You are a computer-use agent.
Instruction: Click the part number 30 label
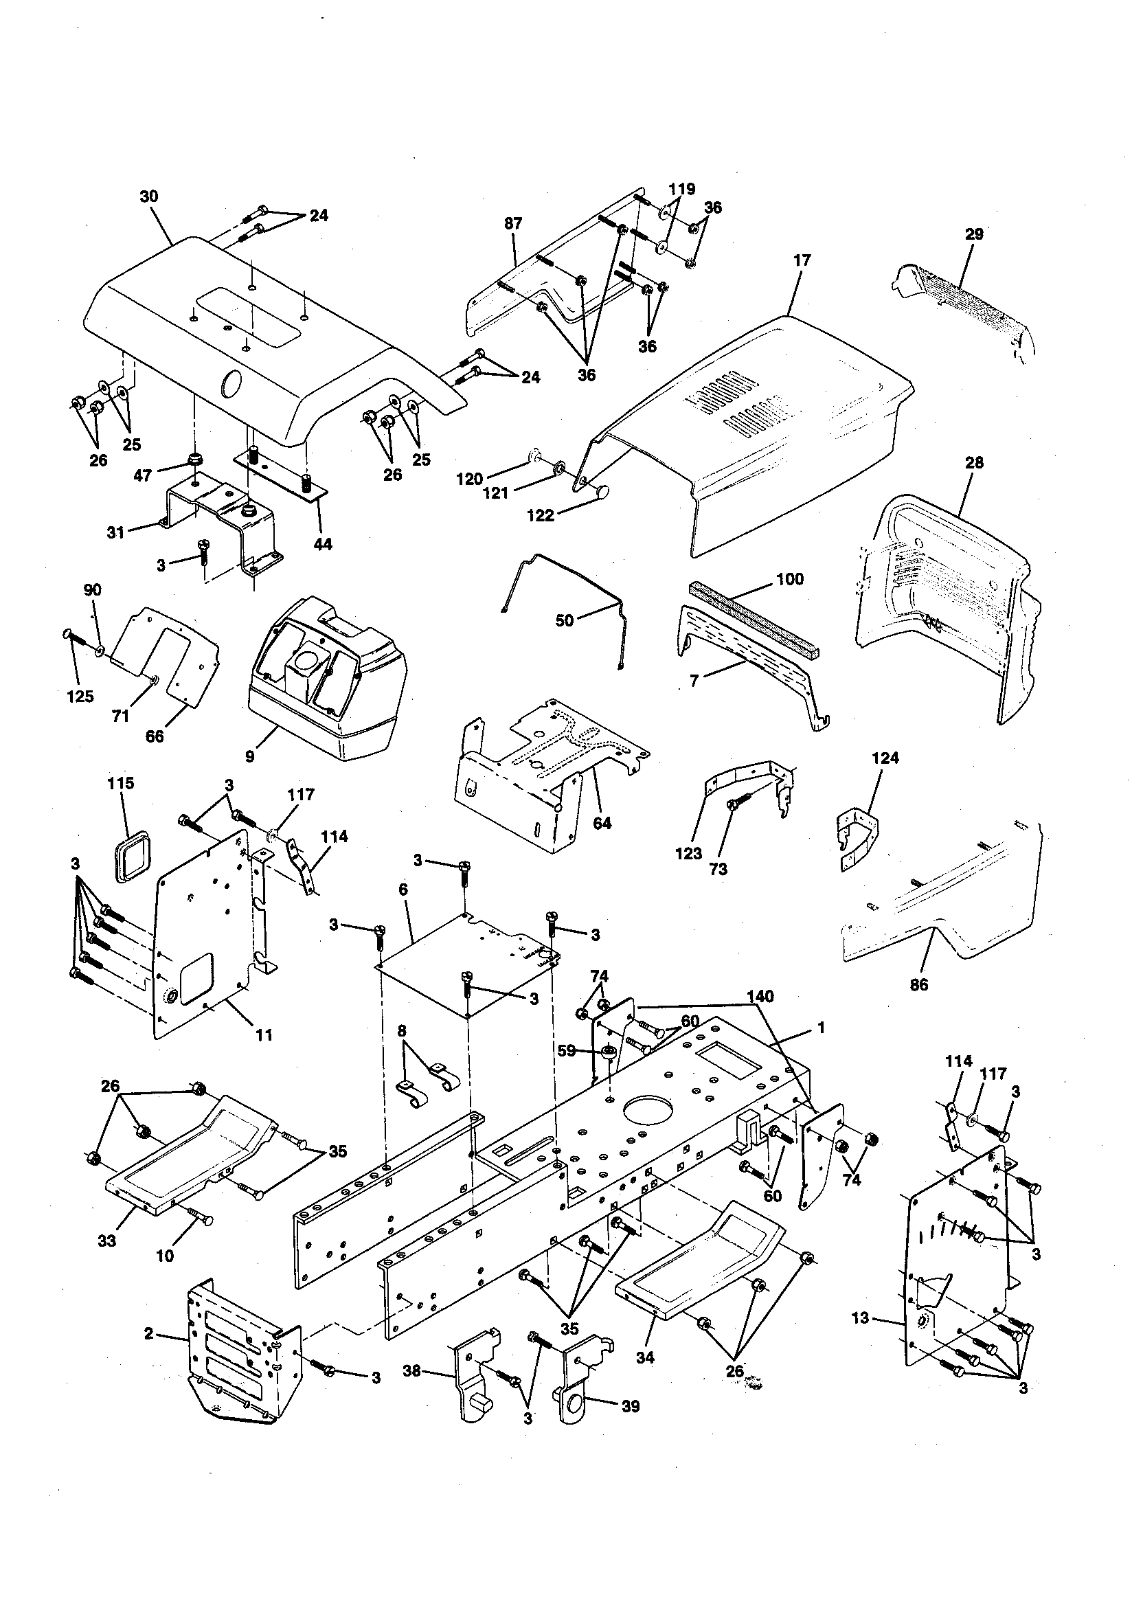(x=149, y=196)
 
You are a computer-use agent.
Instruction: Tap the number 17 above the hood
(x=802, y=260)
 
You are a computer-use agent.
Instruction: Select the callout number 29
(x=974, y=234)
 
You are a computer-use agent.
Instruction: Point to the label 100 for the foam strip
(x=789, y=579)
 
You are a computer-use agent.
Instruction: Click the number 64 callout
(x=602, y=824)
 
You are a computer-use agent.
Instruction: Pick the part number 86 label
(x=918, y=985)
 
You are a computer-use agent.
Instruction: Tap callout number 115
(x=120, y=782)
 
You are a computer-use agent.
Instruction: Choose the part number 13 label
(x=860, y=1317)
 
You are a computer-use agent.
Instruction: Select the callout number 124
(x=885, y=758)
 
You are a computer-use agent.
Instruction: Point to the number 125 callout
(x=80, y=696)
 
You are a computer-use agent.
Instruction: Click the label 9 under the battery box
(x=250, y=756)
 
